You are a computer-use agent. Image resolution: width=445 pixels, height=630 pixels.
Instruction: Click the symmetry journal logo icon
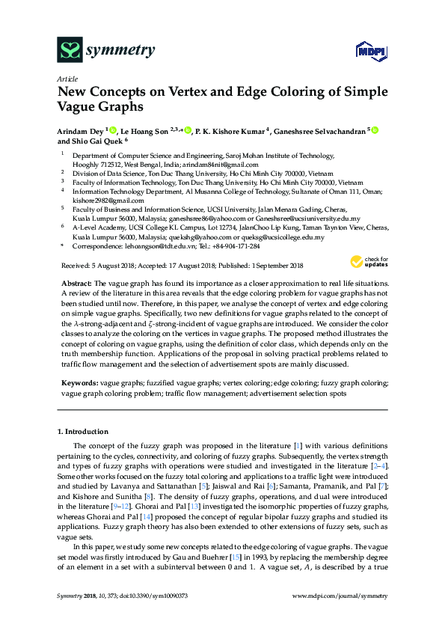click(70, 51)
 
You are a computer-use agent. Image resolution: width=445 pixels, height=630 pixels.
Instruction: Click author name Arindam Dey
click(81, 130)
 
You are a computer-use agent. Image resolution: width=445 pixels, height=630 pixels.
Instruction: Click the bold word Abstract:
click(76, 284)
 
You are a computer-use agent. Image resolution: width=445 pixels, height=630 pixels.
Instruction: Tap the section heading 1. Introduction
click(83, 432)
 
